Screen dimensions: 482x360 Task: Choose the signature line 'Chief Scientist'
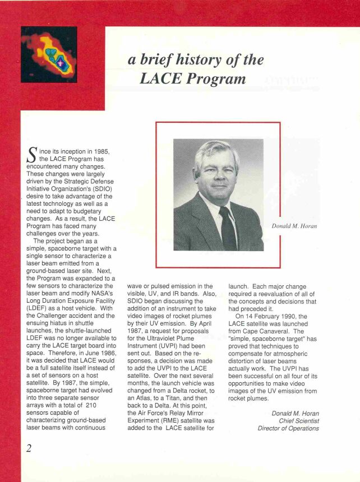tap(299, 420)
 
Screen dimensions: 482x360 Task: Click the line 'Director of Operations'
tap(289, 429)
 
